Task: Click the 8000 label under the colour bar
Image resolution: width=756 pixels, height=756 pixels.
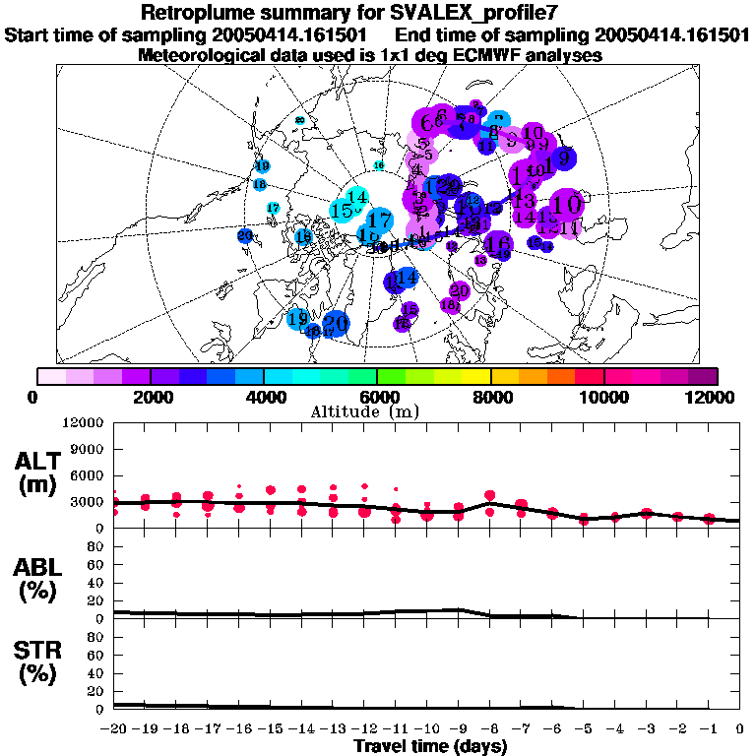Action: tap(490, 398)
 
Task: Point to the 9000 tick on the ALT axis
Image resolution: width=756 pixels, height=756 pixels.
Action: tap(90, 449)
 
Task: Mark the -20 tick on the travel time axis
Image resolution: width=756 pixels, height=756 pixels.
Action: tap(114, 730)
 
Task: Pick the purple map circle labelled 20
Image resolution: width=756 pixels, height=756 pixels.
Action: tap(459, 290)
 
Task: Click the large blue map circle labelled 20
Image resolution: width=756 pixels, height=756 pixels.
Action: tap(336, 323)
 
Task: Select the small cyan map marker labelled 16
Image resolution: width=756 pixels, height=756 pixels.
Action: tap(378, 165)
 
